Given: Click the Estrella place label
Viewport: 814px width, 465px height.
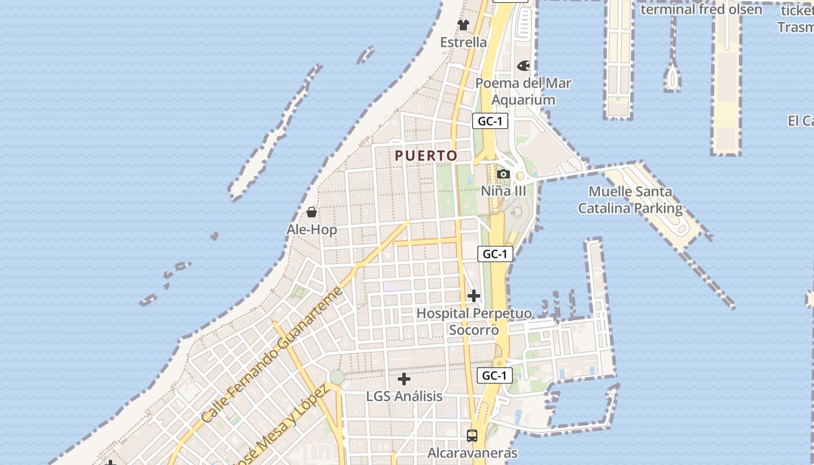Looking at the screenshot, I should tap(463, 42).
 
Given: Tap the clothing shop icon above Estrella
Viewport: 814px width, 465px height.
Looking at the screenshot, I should tap(463, 25).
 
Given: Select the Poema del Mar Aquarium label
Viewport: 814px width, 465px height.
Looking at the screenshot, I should tap(523, 91).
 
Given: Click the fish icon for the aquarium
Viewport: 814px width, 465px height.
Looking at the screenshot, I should tap(523, 66).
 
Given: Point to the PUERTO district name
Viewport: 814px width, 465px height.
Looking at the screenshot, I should tap(426, 156).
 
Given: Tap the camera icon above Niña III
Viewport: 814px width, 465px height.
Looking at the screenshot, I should tap(504, 174).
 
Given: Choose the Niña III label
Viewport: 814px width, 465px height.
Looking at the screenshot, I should tap(504, 191).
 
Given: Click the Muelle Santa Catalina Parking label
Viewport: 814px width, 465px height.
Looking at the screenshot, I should tap(630, 200).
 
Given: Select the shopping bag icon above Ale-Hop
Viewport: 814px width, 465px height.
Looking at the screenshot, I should tap(312, 212).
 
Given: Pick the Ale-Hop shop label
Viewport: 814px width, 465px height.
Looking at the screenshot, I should tap(312, 230).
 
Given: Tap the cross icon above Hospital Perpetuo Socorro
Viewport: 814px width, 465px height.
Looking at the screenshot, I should tap(474, 296).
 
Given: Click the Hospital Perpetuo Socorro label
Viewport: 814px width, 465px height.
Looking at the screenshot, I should tap(474, 321).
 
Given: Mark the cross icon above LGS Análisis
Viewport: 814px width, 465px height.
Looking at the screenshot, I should tap(404, 380).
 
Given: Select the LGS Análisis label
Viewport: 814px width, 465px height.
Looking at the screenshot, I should tap(404, 396).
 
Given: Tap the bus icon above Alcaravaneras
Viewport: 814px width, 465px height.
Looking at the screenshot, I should tap(472, 435).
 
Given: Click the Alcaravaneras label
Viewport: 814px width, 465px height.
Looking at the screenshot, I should tap(472, 453).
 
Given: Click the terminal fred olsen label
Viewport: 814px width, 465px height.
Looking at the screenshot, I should tap(701, 9).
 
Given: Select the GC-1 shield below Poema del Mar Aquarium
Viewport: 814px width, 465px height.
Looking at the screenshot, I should tap(490, 121).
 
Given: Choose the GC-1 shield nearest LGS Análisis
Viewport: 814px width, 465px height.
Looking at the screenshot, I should tap(495, 375).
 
